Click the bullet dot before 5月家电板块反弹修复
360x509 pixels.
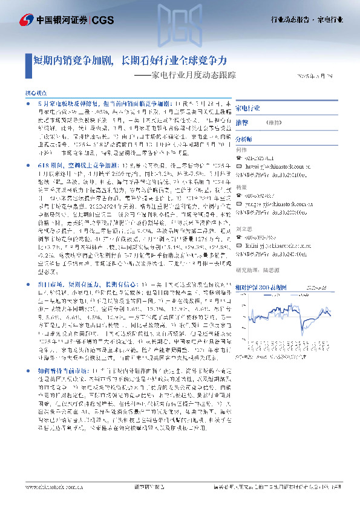29,105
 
